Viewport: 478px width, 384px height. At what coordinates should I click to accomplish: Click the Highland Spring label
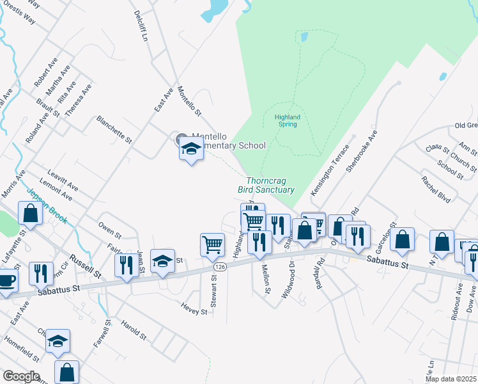coord(287,120)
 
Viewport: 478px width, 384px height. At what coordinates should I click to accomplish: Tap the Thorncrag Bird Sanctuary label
coord(266,186)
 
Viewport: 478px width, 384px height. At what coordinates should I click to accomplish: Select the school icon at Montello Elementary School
coord(190,148)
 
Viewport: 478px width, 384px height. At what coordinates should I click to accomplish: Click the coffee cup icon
coord(6,280)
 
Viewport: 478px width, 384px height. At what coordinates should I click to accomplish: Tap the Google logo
coord(20,376)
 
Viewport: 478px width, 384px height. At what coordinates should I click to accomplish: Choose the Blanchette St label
coord(114,129)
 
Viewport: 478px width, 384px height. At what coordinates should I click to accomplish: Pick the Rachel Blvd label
coord(436,189)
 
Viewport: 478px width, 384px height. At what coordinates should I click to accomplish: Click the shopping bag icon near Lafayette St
coord(31,213)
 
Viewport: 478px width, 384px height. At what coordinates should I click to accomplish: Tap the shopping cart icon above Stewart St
coord(212,244)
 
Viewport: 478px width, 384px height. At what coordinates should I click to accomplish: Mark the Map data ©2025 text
coord(450,379)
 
